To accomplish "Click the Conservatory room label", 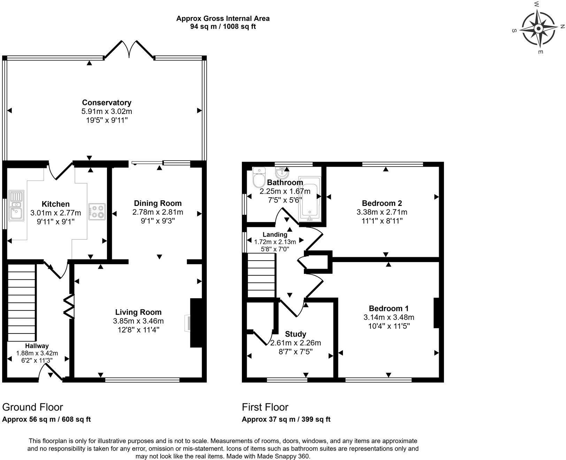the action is click(x=107, y=102).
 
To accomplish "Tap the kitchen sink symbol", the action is click(x=16, y=205).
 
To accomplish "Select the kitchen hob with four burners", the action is click(x=97, y=212).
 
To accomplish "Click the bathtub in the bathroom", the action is click(x=309, y=199).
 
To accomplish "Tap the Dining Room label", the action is click(x=158, y=203).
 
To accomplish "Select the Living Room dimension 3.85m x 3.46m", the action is click(x=138, y=321).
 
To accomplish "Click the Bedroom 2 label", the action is click(x=382, y=203).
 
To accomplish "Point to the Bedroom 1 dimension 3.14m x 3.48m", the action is click(x=389, y=317).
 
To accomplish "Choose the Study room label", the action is click(x=296, y=334).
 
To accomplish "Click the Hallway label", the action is click(x=37, y=346).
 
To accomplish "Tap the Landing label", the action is click(x=275, y=235).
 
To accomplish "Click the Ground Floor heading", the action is click(x=33, y=407).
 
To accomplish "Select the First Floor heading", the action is click(x=265, y=407).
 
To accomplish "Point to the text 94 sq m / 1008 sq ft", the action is click(x=223, y=26).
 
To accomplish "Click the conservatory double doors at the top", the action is click(x=129, y=49).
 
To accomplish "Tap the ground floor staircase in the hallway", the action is click(x=22, y=302).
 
